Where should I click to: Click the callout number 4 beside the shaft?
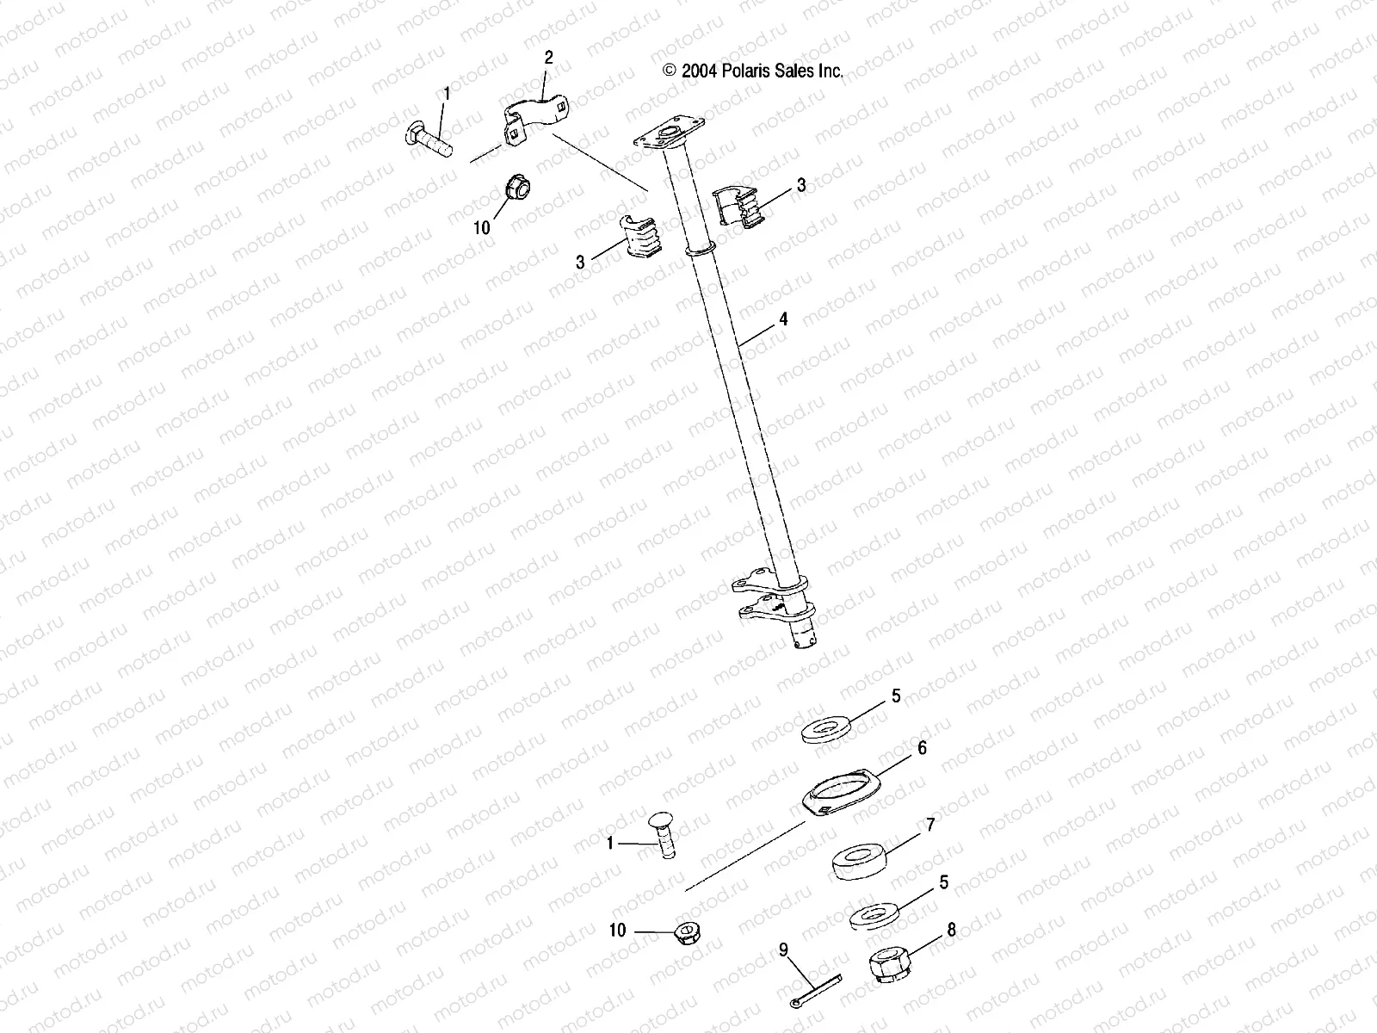(x=783, y=319)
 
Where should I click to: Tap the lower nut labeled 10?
(x=686, y=932)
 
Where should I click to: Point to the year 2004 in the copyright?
(x=698, y=72)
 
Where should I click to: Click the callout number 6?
(x=922, y=749)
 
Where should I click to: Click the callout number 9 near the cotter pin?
(x=783, y=950)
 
